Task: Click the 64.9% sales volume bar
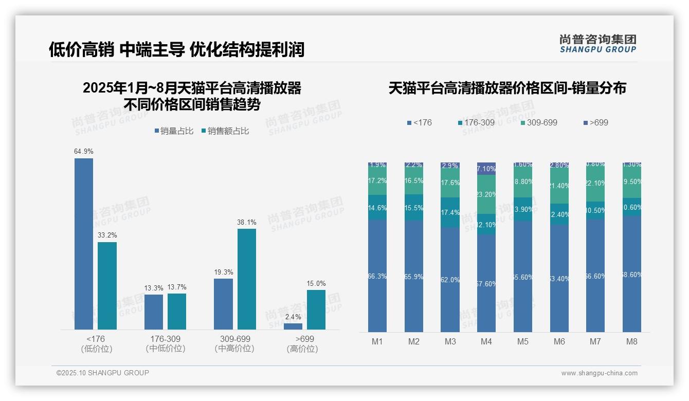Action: point(84,244)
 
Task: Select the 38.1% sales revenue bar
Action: point(246,279)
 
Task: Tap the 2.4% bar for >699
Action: point(293,326)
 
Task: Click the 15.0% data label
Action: point(316,283)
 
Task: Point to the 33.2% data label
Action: point(107,235)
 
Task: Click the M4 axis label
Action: point(486,341)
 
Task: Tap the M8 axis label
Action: point(632,341)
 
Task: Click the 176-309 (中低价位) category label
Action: point(165,343)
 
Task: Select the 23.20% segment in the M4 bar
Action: point(486,194)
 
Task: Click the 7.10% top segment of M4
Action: point(486,169)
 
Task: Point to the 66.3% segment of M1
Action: point(377,276)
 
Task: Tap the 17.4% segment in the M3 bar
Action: point(450,212)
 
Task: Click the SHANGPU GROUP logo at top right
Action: point(598,44)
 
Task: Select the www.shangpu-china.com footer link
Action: point(599,373)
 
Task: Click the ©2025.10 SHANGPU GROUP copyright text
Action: point(103,373)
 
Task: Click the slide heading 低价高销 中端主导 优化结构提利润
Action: point(176,49)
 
